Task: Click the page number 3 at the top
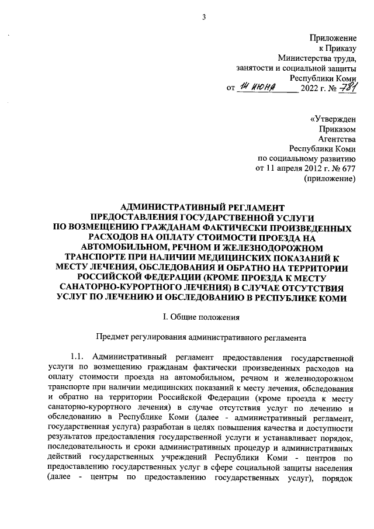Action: (x=203, y=17)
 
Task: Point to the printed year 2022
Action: (x=309, y=89)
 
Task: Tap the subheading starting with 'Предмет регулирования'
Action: (x=201, y=337)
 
